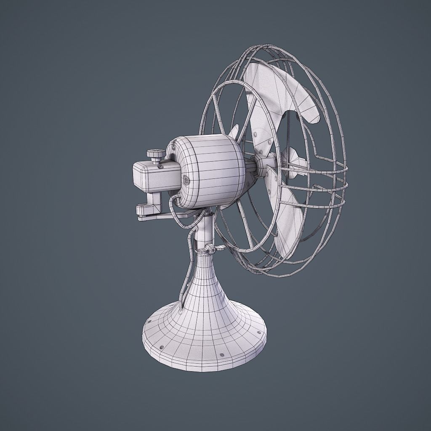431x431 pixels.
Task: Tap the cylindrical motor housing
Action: pyautogui.click(x=210, y=170)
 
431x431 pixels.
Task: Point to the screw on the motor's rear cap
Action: pyautogui.click(x=186, y=180)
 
